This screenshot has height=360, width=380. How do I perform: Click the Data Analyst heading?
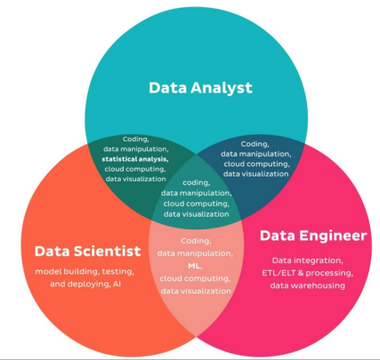pyautogui.click(x=200, y=88)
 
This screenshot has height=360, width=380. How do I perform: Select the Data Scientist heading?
pyautogui.click(x=88, y=252)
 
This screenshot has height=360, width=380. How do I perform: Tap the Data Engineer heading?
pyautogui.click(x=313, y=236)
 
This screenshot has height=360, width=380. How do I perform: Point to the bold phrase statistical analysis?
pyautogui.click(x=135, y=159)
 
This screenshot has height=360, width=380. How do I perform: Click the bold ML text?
pyautogui.click(x=195, y=266)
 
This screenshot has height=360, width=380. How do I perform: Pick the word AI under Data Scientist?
pyautogui.click(x=117, y=284)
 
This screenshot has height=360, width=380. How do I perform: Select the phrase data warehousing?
pyautogui.click(x=308, y=285)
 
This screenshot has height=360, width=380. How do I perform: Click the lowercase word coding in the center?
pyautogui.click(x=196, y=182)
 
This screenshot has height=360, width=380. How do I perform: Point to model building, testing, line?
pyautogui.click(x=85, y=272)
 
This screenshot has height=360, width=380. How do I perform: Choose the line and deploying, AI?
pyautogui.click(x=85, y=284)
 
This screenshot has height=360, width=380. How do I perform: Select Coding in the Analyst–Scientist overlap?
pyautogui.click(x=136, y=140)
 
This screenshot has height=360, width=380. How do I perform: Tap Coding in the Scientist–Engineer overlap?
pyautogui.click(x=196, y=241)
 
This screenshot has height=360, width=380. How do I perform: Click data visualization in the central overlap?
pyautogui.click(x=197, y=214)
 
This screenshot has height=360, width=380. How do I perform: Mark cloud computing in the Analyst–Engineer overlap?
pyautogui.click(x=256, y=164)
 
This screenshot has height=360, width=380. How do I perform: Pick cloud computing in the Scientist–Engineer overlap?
pyautogui.click(x=195, y=279)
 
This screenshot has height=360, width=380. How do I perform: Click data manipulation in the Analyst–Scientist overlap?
pyautogui.click(x=136, y=149)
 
